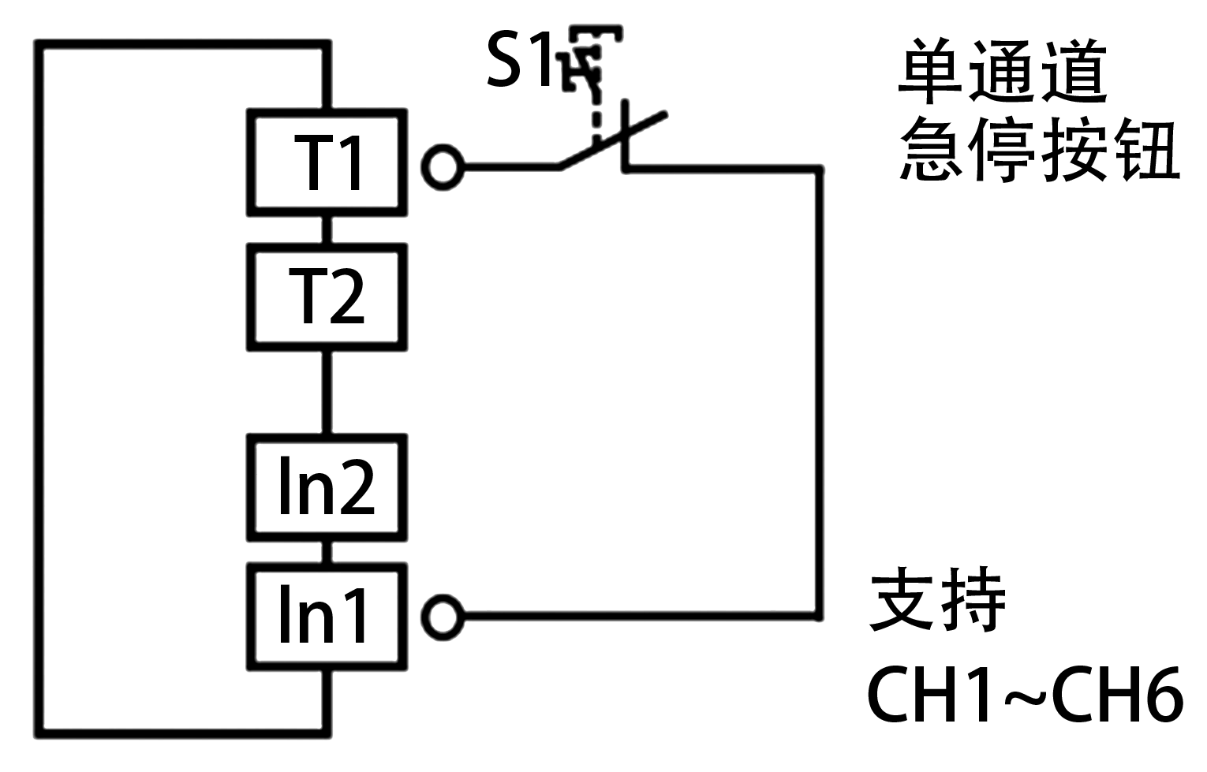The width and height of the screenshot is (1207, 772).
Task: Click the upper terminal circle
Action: coord(443,167)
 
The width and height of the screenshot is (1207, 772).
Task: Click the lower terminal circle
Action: coord(443,617)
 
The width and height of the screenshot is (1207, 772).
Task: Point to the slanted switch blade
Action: coord(611,140)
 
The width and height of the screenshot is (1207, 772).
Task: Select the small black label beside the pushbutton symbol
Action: coord(518,58)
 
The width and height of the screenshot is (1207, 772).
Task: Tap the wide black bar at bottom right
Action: coord(1026,693)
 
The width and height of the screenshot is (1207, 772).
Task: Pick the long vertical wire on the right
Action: coord(820,394)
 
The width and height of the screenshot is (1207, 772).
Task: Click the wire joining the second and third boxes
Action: coord(327,392)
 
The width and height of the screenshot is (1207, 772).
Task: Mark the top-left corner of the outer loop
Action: coord(39,45)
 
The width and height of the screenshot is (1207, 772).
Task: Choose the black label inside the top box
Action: coord(327,162)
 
